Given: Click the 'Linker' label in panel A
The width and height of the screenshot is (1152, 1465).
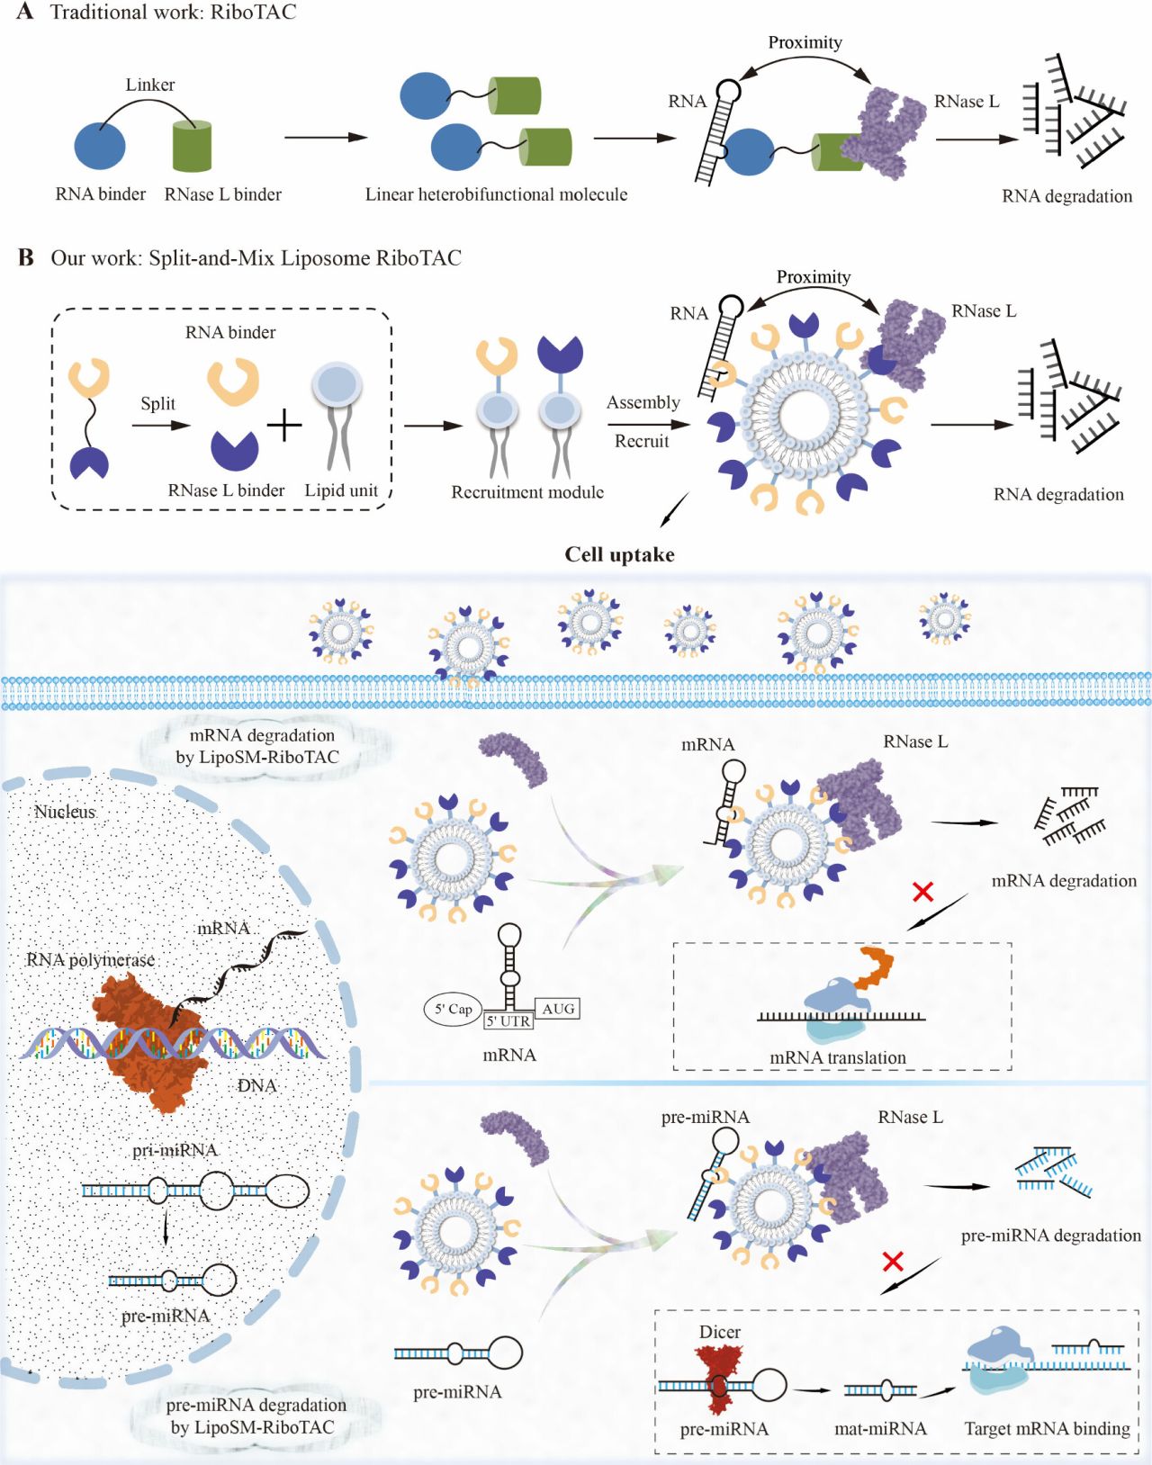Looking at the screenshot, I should [x=149, y=85].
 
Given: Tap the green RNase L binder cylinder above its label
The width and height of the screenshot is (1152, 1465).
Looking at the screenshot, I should [x=192, y=146].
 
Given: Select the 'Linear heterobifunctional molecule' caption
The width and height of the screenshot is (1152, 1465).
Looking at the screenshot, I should [x=496, y=194].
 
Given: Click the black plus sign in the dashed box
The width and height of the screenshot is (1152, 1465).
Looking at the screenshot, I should [x=284, y=425].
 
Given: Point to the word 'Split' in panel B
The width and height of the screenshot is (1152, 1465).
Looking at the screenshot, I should [x=157, y=403].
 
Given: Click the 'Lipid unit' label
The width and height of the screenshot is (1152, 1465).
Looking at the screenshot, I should [x=341, y=490].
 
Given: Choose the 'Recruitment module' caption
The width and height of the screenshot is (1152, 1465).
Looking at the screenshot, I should [x=527, y=492].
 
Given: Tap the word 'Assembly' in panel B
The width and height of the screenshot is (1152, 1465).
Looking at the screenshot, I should [x=643, y=402].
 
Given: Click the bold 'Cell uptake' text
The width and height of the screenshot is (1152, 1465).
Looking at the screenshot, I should [x=619, y=554].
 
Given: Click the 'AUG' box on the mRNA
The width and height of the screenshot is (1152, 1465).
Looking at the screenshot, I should [x=558, y=1009].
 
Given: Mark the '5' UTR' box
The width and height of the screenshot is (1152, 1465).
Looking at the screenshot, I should [x=508, y=1021].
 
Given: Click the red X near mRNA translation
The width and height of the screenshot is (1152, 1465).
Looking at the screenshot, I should [x=922, y=892].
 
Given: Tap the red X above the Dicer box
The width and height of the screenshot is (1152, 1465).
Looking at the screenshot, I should [x=893, y=1261].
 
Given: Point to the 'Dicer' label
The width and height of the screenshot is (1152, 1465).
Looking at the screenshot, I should [x=719, y=1332].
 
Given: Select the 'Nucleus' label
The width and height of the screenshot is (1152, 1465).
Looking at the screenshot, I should [x=64, y=812].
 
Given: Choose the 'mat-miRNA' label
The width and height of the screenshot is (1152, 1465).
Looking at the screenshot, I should [x=880, y=1429].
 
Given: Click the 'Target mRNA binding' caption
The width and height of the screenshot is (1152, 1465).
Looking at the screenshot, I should [x=1047, y=1429].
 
